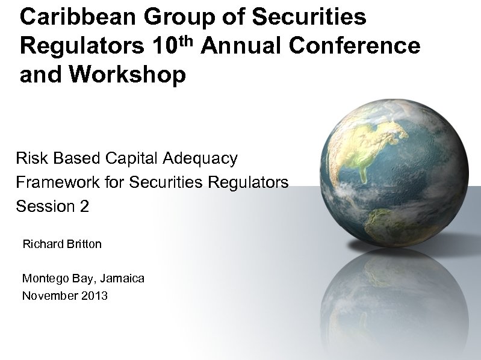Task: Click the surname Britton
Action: coord(84,244)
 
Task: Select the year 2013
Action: coord(94,296)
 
